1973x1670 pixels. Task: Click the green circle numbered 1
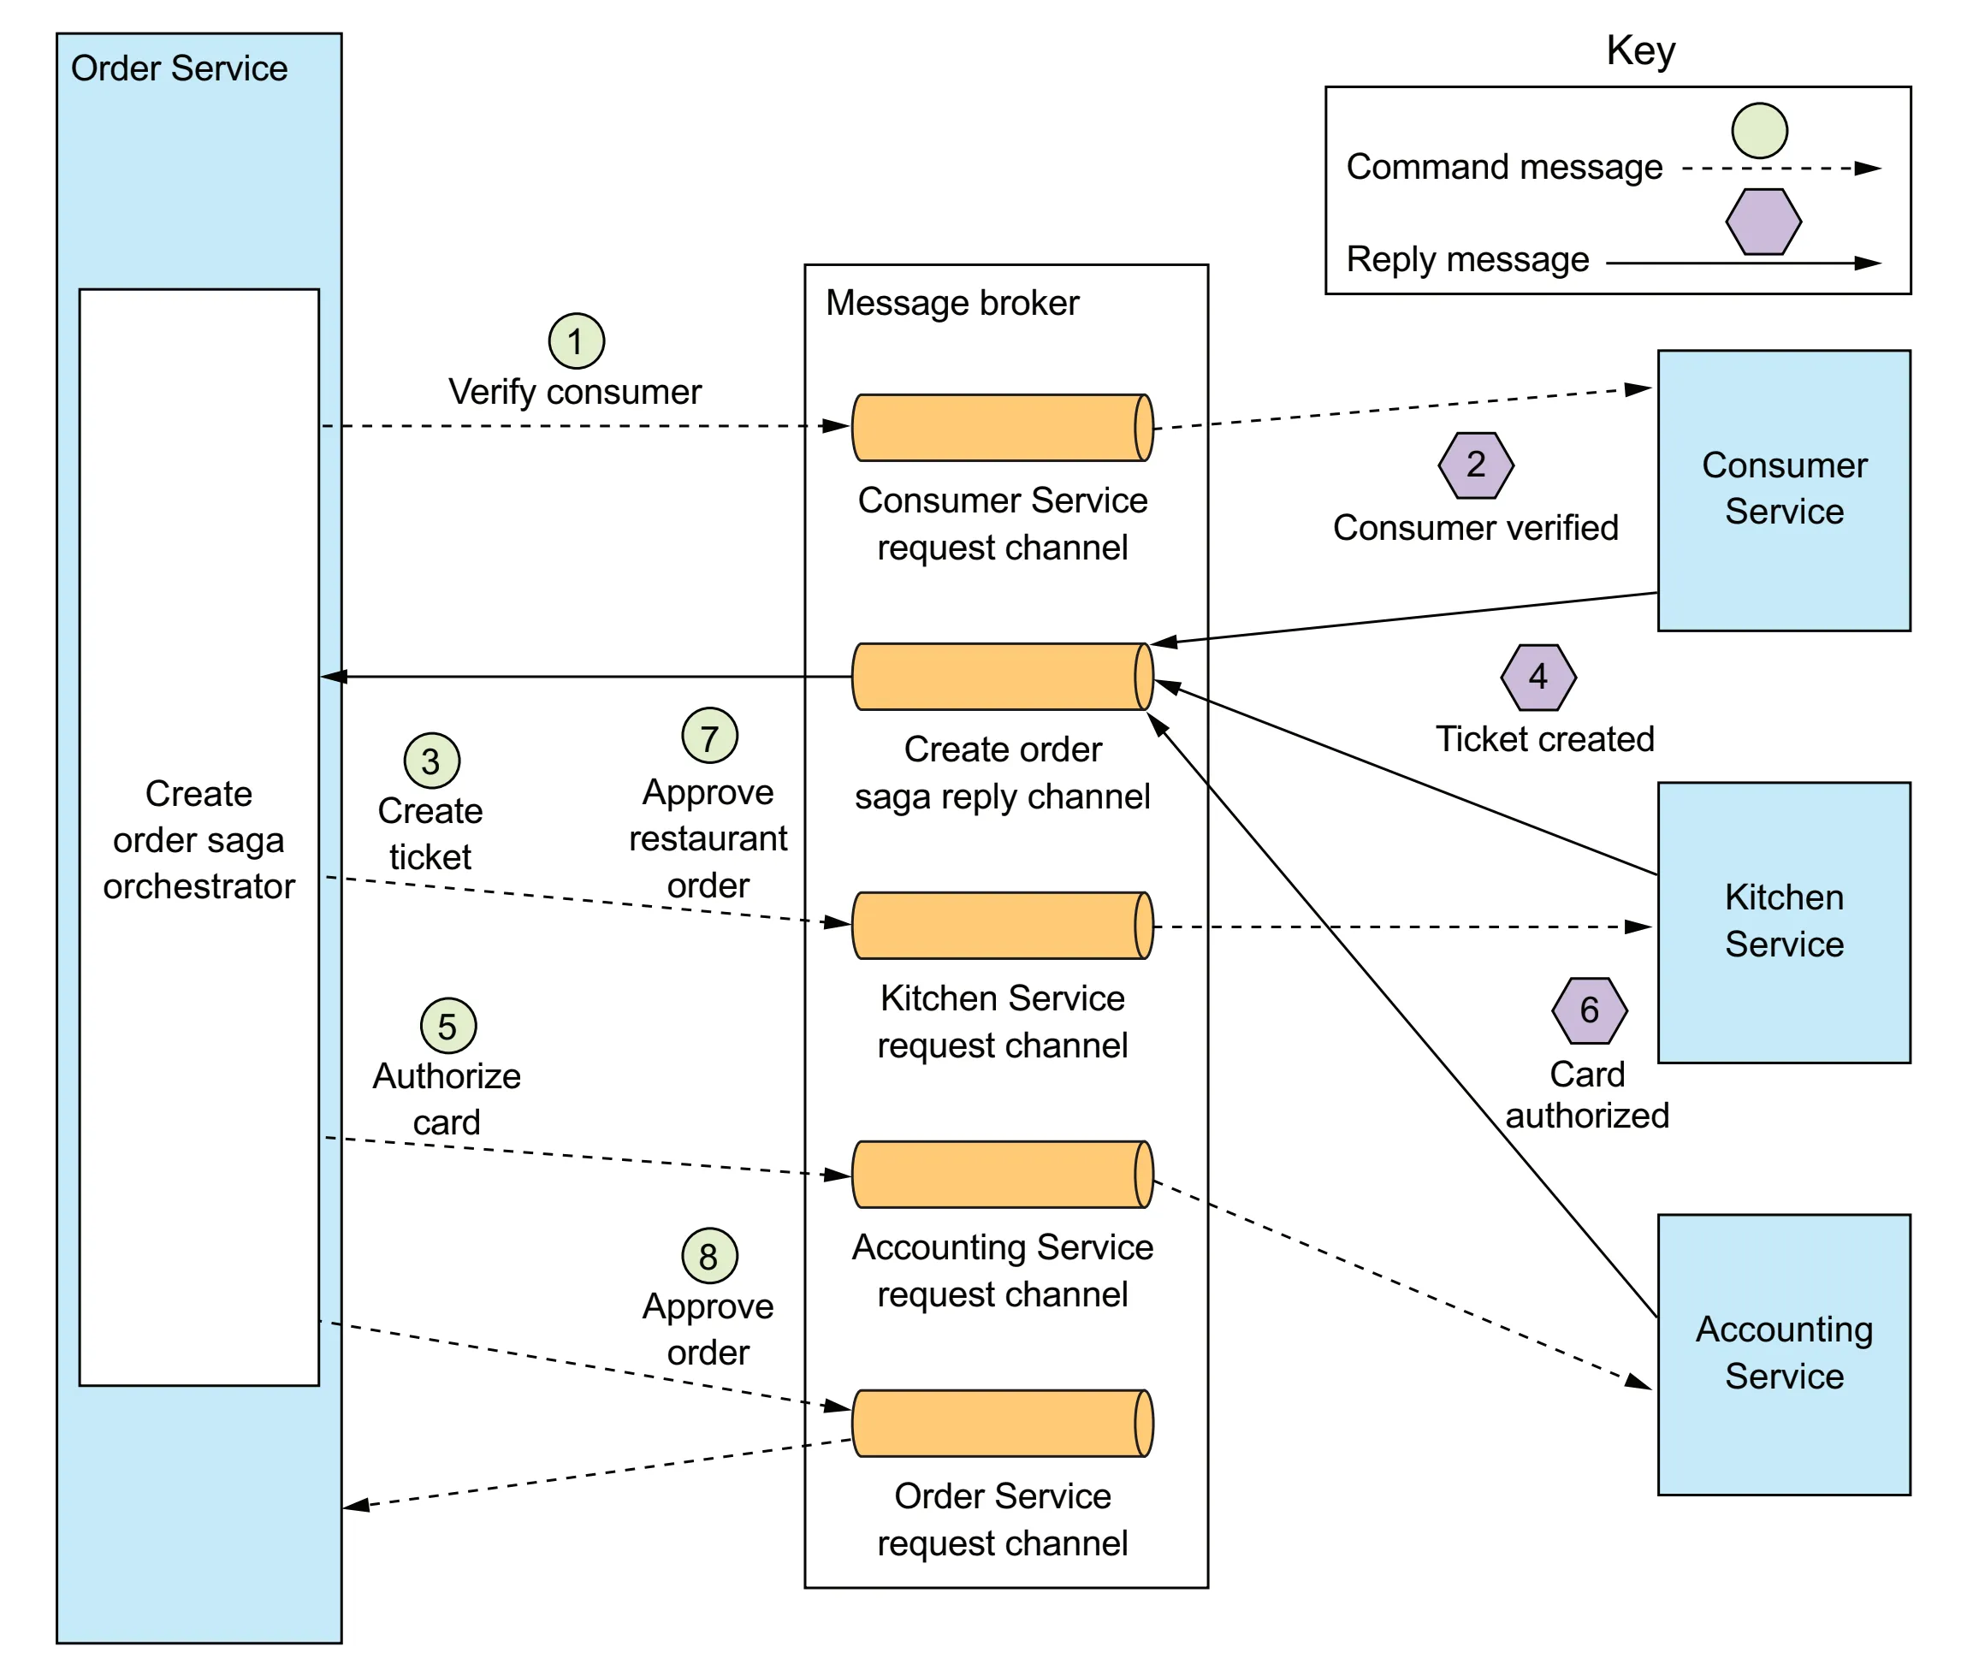[577, 341]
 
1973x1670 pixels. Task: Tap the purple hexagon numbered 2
[1476, 465]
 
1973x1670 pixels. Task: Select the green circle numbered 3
[432, 761]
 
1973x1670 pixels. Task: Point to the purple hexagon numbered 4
[1538, 678]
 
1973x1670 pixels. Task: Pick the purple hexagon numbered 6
[1590, 1011]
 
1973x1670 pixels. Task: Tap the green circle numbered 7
[710, 736]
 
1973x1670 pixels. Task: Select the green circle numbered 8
[710, 1255]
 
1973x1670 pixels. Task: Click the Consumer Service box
[1784, 490]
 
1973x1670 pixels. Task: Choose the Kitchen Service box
[1784, 922]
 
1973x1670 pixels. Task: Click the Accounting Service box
[1784, 1355]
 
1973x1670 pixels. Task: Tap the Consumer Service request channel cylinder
[1003, 428]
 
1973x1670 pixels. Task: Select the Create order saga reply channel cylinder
[1003, 677]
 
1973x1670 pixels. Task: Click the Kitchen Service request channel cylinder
[1003, 926]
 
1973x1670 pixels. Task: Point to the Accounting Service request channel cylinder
[1003, 1175]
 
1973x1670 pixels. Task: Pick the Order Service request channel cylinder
[1003, 1424]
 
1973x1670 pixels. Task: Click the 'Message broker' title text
[952, 303]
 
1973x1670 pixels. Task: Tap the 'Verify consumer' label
[575, 392]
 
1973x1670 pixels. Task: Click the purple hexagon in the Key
[1763, 222]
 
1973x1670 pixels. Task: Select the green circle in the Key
[1760, 131]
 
